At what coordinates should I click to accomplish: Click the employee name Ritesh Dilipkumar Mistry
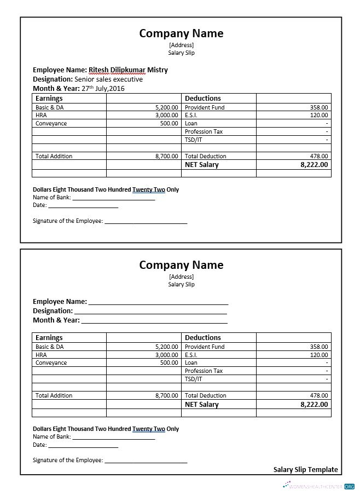[x=128, y=70]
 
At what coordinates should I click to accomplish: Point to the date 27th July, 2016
[x=103, y=88]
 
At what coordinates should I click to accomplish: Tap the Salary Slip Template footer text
[x=305, y=470]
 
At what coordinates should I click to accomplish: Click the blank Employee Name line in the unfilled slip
[x=158, y=302]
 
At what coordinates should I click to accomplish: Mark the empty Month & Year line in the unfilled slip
[x=154, y=321]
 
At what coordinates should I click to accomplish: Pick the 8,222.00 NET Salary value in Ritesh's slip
[x=314, y=165]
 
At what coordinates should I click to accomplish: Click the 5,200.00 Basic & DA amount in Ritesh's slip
[x=166, y=108]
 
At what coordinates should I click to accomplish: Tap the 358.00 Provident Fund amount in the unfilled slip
[x=319, y=347]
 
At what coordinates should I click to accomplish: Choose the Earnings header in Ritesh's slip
[x=49, y=99]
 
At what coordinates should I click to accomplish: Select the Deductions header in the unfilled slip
[x=202, y=338]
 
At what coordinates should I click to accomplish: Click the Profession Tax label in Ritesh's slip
[x=204, y=132]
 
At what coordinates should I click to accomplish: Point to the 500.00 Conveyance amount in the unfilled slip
[x=169, y=363]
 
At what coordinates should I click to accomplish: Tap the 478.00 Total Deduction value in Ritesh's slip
[x=319, y=157]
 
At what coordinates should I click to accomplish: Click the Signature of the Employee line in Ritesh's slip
[x=146, y=222]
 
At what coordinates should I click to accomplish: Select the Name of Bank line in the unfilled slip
[x=114, y=438]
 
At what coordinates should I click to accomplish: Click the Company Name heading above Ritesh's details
[x=181, y=33]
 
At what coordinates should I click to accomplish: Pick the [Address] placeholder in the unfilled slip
[x=181, y=277]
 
